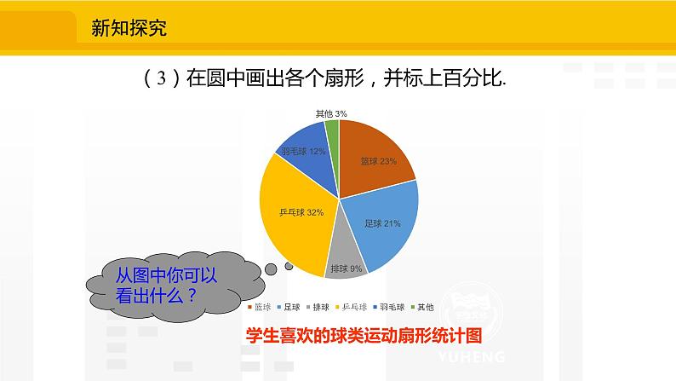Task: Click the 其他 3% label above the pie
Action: [x=330, y=113]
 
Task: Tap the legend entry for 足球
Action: [x=289, y=307]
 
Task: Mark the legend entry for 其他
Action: [x=424, y=307]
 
